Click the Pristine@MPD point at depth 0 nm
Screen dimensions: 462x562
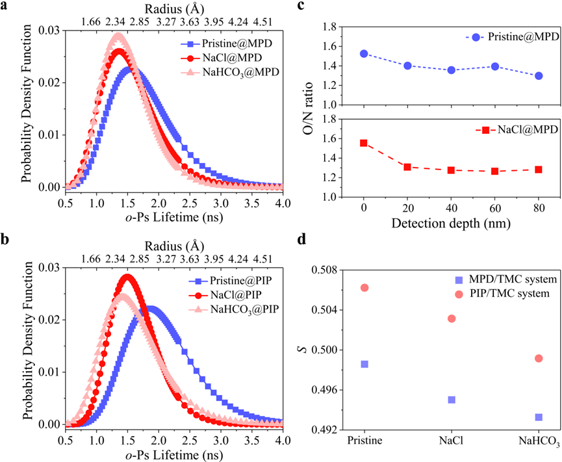click(x=364, y=54)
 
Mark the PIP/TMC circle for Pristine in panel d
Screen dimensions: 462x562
click(x=364, y=287)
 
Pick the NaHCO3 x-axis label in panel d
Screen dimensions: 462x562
click(x=538, y=444)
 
